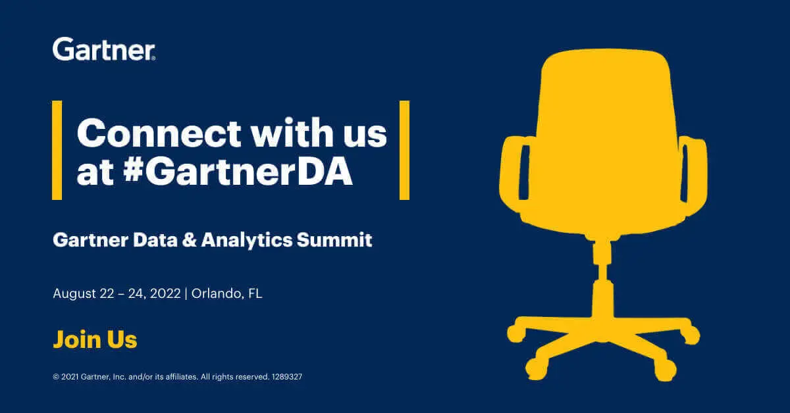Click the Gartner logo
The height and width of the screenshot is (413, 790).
pyautogui.click(x=103, y=49)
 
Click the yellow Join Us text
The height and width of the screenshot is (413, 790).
pyautogui.click(x=95, y=340)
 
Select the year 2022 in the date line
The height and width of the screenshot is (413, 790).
pyautogui.click(x=165, y=293)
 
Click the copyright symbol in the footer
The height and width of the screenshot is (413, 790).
pyautogui.click(x=56, y=377)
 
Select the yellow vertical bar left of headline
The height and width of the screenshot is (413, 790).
pyautogui.click(x=57, y=150)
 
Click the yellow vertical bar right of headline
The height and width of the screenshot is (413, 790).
pyautogui.click(x=404, y=150)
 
